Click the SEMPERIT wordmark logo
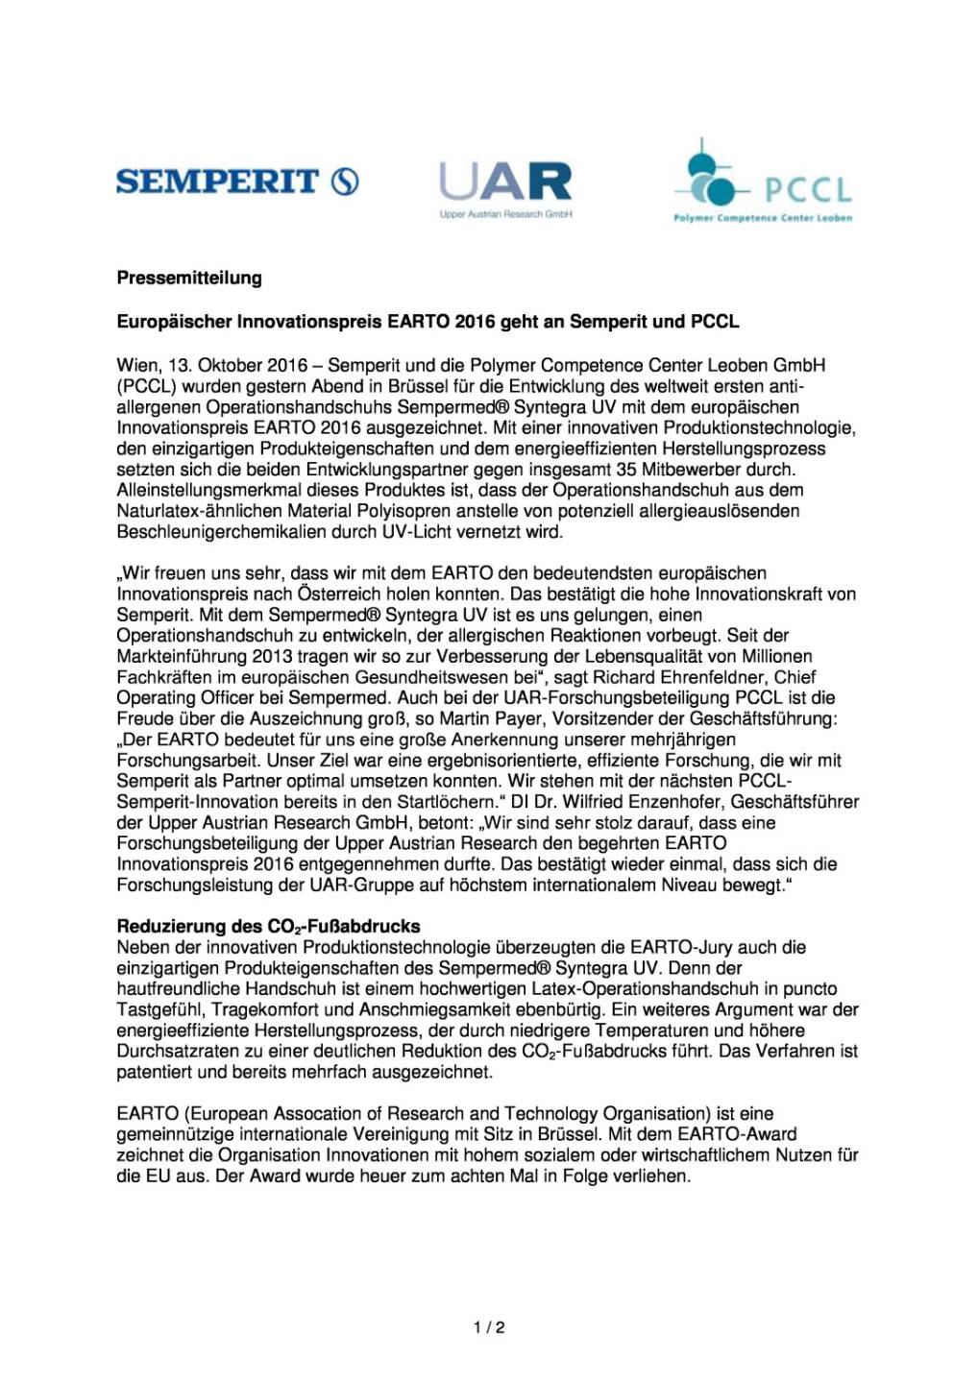click(217, 181)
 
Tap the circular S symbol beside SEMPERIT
click(346, 181)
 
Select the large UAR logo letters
click(505, 182)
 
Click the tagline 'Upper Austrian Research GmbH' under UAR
click(505, 214)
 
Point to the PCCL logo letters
click(808, 189)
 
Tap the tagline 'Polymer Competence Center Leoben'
click(763, 218)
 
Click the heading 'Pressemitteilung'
click(189, 279)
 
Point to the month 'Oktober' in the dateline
click(231, 366)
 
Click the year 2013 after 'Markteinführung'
click(273, 657)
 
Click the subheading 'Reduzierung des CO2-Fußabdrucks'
click(268, 927)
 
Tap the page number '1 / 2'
click(489, 1328)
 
